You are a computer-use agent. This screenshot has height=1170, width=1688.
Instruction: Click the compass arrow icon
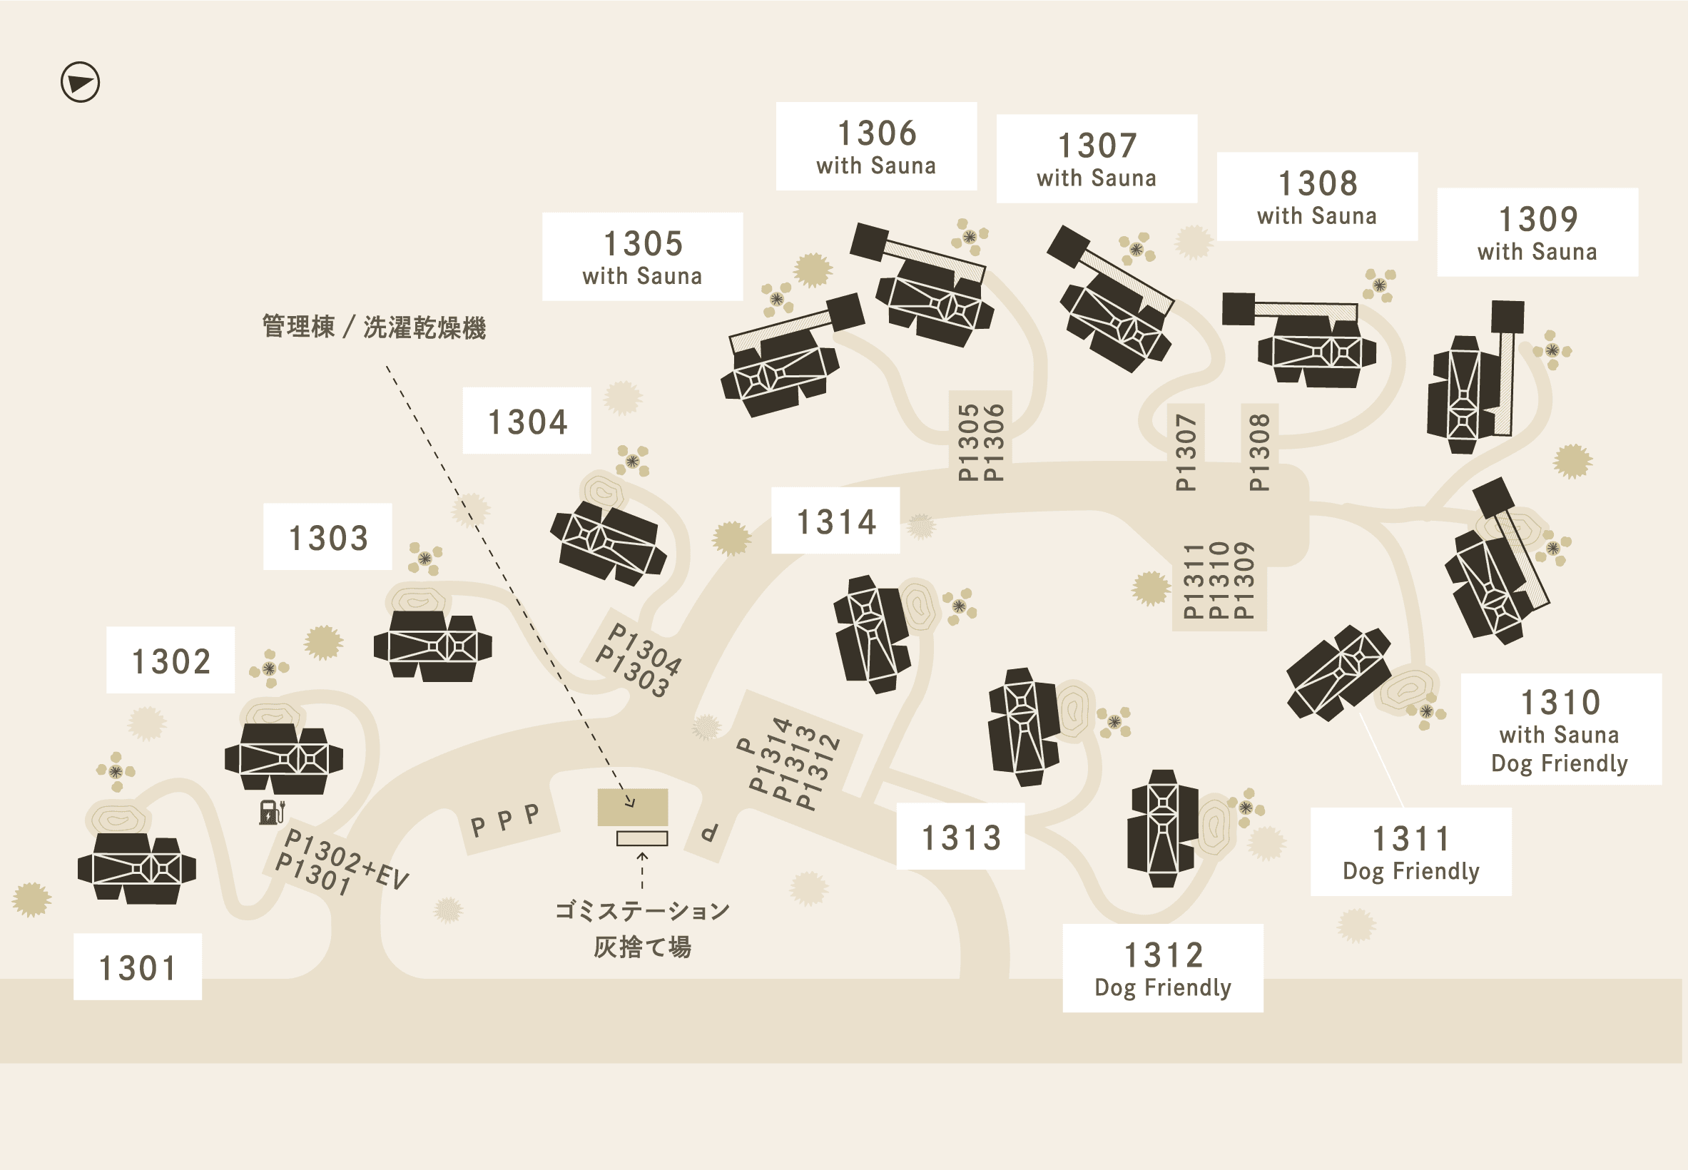pyautogui.click(x=80, y=82)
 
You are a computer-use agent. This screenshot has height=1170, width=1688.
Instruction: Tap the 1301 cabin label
pyautogui.click(x=138, y=966)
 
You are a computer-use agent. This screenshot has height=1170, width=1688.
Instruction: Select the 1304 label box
pyautogui.click(x=527, y=421)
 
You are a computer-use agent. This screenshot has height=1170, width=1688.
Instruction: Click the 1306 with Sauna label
pyautogui.click(x=876, y=147)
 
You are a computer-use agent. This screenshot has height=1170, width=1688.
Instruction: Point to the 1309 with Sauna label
pyautogui.click(x=1537, y=233)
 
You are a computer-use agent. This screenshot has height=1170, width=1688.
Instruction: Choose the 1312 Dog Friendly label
pyautogui.click(x=1162, y=968)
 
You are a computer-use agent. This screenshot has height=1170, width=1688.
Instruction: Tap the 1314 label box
pyautogui.click(x=835, y=521)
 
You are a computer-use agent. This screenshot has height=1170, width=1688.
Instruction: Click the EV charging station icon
pyautogui.click(x=271, y=813)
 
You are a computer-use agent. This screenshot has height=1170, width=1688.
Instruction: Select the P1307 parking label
pyautogui.click(x=1185, y=452)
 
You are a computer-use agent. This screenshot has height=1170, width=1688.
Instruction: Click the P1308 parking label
pyautogui.click(x=1259, y=452)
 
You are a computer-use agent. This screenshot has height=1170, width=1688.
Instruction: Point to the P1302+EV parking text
pyautogui.click(x=346, y=859)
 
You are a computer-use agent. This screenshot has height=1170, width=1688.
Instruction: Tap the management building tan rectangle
pyautogui.click(x=633, y=807)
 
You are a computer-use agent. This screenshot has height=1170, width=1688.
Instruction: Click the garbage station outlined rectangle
pyautogui.click(x=642, y=839)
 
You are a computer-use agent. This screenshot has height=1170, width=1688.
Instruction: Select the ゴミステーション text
pyautogui.click(x=642, y=911)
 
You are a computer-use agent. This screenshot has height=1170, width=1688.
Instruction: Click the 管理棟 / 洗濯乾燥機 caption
pyautogui.click(x=374, y=327)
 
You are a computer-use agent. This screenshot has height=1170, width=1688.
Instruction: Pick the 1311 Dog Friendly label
pyautogui.click(x=1411, y=852)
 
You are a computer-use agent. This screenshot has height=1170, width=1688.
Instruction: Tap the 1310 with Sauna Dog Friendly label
pyautogui.click(x=1561, y=729)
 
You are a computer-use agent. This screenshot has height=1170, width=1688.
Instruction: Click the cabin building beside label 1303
pyautogui.click(x=432, y=646)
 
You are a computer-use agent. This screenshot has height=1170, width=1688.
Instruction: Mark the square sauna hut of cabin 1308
pyautogui.click(x=1238, y=309)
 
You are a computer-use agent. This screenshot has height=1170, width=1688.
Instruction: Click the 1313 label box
pyautogui.click(x=961, y=836)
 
